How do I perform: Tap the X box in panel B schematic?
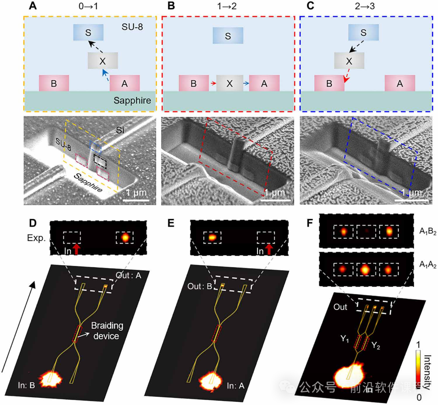[x=230, y=83]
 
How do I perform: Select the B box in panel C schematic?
[x=329, y=83]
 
